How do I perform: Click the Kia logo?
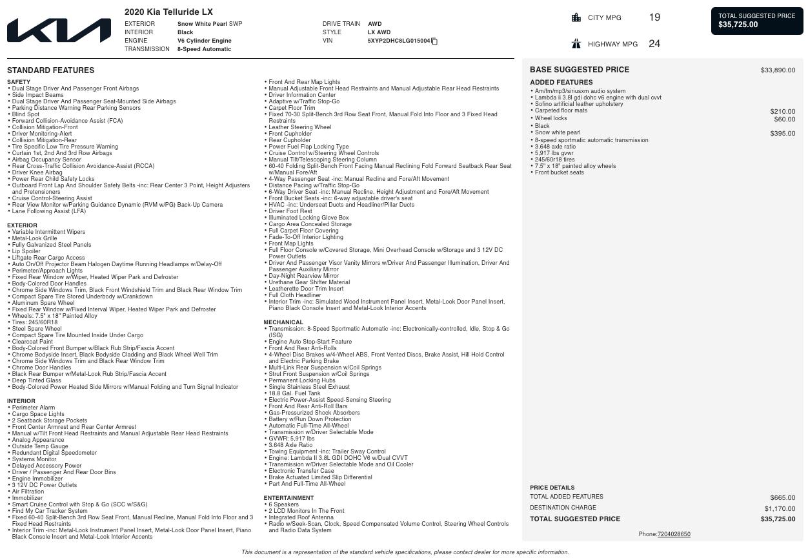click(x=59, y=30)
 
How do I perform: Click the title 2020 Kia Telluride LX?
click(x=168, y=12)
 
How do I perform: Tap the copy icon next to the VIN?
click(x=434, y=41)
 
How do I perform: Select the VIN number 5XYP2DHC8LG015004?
click(x=398, y=41)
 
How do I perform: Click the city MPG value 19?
click(x=654, y=17)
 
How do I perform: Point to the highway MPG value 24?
click(x=654, y=44)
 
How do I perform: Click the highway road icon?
click(x=576, y=44)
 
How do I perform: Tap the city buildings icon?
click(x=576, y=17)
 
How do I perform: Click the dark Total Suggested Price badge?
click(x=757, y=21)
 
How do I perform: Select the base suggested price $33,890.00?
click(x=778, y=70)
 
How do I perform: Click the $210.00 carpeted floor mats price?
click(x=782, y=111)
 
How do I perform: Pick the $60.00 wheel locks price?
click(x=785, y=119)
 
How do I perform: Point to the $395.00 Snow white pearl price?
click(x=782, y=133)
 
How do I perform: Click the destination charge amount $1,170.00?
click(x=780, y=508)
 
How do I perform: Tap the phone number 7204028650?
click(x=674, y=534)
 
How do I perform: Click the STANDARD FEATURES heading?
click(x=50, y=70)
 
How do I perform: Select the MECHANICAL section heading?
click(x=283, y=322)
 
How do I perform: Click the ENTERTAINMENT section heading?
click(x=288, y=498)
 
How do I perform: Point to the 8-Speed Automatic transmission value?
click(x=204, y=49)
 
